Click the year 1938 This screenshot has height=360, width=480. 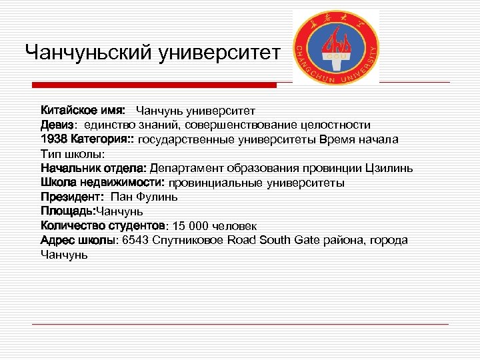[53, 139]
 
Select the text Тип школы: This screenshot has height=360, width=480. [73, 153]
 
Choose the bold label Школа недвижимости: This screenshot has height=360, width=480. [103, 182]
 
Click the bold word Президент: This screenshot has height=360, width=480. [72, 197]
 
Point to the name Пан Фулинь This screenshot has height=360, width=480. [144, 197]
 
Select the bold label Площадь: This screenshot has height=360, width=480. [68, 211]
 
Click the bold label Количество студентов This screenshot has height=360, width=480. [103, 225]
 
